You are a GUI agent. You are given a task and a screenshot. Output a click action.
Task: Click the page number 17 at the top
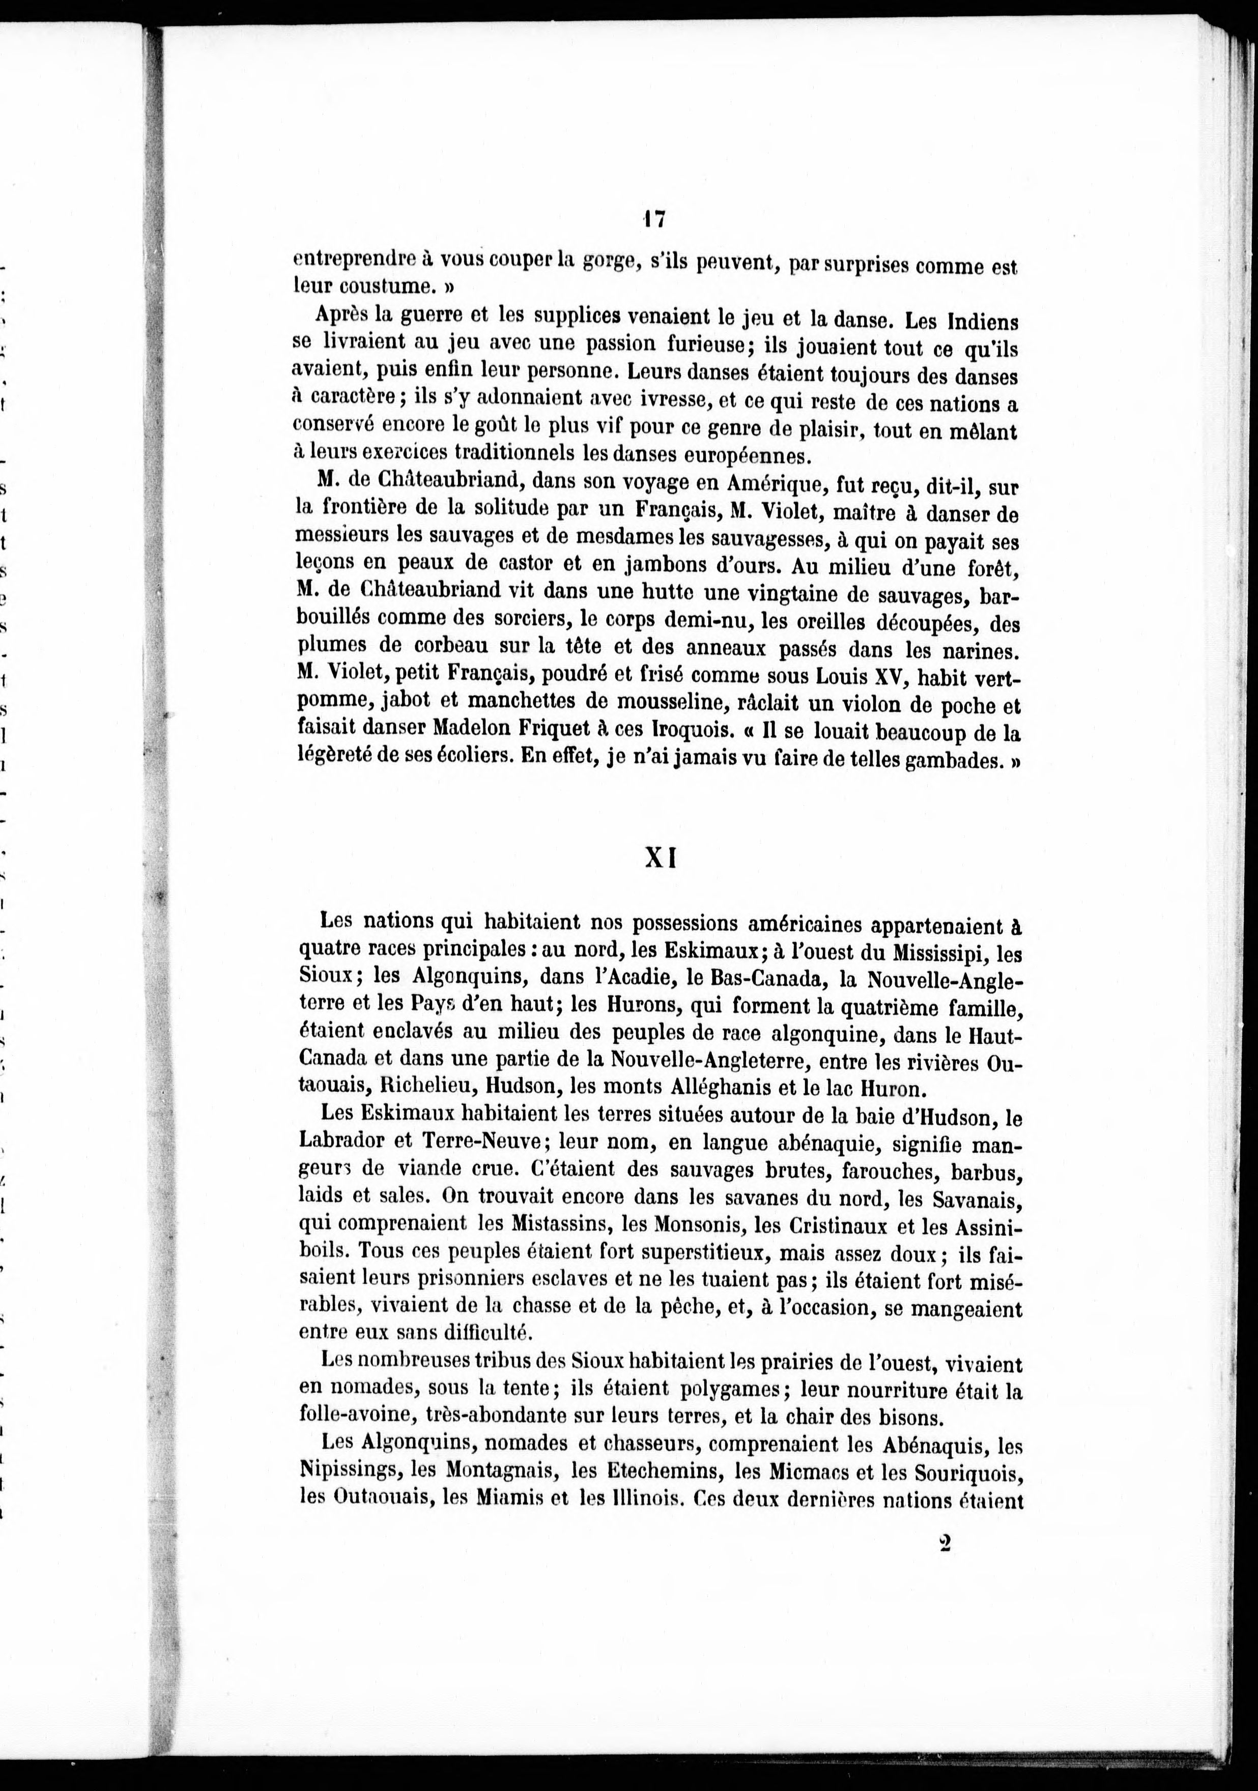[x=653, y=220]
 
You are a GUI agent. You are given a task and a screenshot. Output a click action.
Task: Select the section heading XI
[x=660, y=858]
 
